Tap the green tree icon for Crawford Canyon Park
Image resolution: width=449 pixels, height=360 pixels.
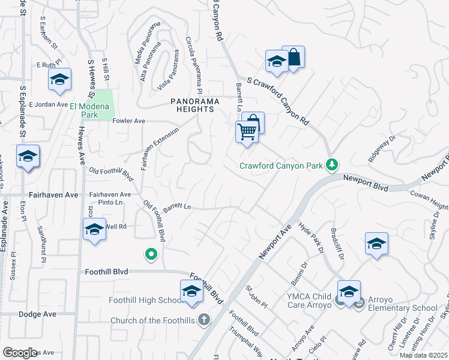click(331, 164)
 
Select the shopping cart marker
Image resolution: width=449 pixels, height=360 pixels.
click(247, 132)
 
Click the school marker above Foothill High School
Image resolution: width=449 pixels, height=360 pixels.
click(191, 292)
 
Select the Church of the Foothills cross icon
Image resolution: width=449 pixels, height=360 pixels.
click(203, 319)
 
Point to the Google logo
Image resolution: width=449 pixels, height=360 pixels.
click(20, 353)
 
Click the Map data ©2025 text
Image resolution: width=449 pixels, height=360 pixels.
click(423, 355)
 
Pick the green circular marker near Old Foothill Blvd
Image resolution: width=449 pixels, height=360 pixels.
click(151, 255)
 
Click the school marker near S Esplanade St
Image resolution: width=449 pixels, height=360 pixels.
click(28, 157)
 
